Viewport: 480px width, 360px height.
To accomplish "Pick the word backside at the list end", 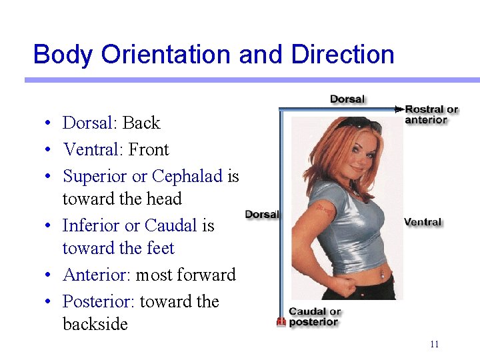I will point(95,325).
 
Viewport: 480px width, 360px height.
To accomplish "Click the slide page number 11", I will point(434,344).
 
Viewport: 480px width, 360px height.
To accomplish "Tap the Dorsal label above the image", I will point(347,99).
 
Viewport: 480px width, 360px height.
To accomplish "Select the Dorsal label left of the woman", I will point(262,214).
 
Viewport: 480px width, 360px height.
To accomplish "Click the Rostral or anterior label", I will point(431,115).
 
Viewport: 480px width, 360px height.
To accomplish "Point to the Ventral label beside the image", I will point(423,221).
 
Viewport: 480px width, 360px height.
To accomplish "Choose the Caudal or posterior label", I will point(314,317).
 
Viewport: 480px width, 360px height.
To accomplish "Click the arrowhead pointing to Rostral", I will point(399,109).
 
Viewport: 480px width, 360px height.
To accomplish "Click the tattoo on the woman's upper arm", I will point(325,209).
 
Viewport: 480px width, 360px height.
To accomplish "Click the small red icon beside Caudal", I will point(281,322).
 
